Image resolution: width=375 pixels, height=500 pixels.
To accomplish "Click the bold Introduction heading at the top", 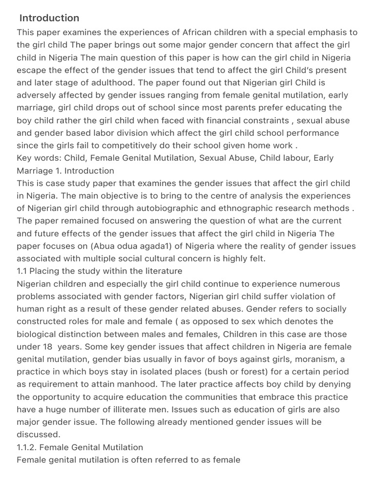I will click(x=49, y=18).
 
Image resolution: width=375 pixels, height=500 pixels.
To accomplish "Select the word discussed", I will click(x=39, y=435).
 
